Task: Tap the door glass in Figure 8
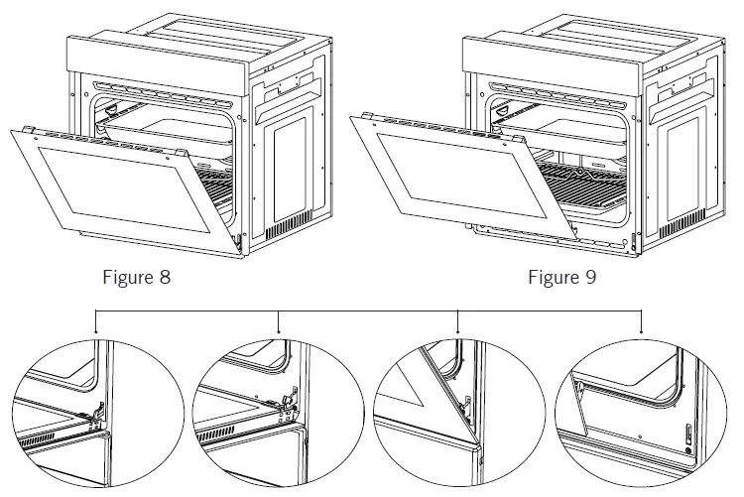(129, 194)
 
